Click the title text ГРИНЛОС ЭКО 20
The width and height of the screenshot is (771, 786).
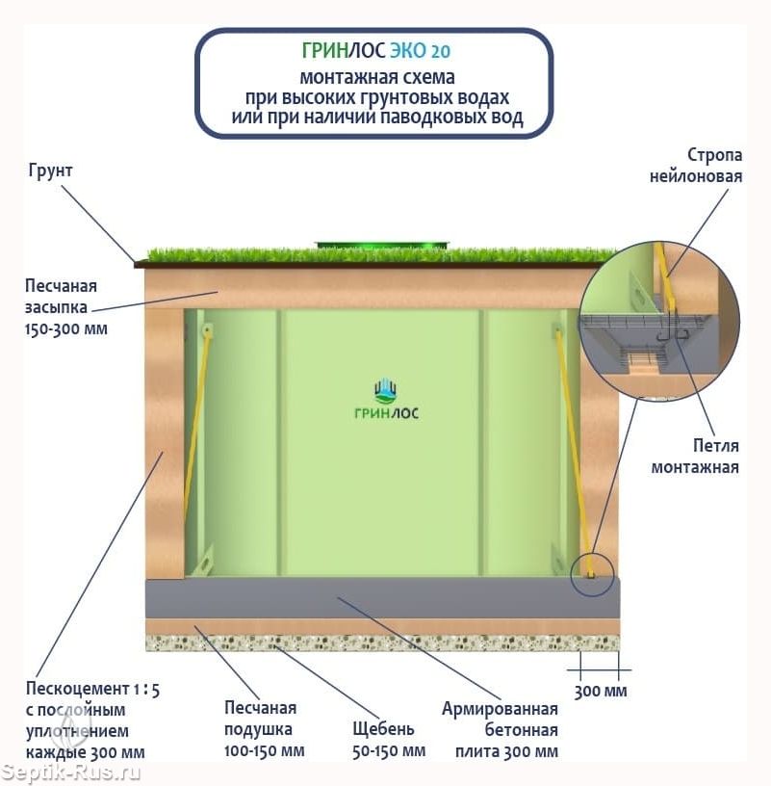point(375,50)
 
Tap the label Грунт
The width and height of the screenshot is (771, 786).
point(50,170)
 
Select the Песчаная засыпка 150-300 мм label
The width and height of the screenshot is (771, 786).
point(65,307)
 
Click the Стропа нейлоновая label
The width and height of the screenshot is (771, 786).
point(696,166)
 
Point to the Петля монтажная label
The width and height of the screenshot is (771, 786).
point(695,457)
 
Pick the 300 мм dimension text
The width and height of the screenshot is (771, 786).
point(601,692)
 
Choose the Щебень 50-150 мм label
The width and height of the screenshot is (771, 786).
point(389,740)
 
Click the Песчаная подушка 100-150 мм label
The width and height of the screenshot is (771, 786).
point(264,729)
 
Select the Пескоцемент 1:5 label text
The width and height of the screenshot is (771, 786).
point(92,691)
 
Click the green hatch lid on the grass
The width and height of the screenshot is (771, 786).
point(382,245)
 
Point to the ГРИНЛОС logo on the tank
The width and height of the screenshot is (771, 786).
point(386,400)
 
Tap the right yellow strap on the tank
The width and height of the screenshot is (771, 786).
point(574,451)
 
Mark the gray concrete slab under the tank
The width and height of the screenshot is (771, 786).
point(383,598)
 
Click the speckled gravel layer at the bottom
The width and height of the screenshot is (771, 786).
point(383,643)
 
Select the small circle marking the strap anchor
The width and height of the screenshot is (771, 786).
point(592,575)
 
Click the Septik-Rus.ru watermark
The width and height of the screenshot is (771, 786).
point(70,773)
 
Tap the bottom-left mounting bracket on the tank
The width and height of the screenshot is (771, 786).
point(204,561)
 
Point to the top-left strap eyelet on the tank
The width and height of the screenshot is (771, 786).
point(207,330)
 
